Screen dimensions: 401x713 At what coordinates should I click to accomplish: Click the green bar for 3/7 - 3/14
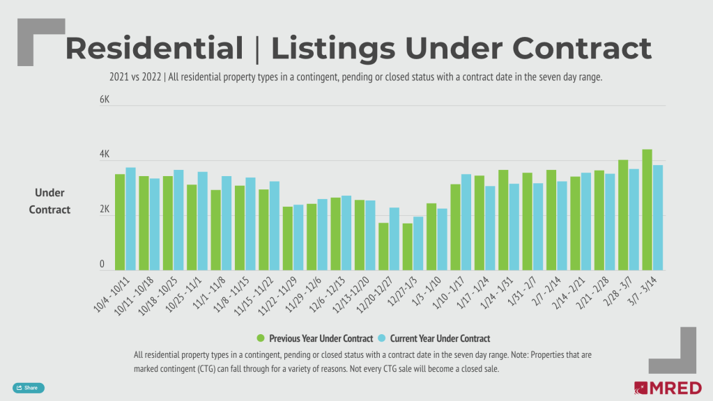click(647, 210)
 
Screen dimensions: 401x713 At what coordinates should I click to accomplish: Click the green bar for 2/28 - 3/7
click(623, 215)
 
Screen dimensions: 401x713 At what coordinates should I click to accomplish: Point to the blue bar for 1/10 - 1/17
click(466, 222)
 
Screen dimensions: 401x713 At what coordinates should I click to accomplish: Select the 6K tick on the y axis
click(105, 100)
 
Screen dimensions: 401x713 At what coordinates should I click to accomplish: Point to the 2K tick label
click(105, 209)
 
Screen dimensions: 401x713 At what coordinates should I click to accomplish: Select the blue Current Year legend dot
click(381, 338)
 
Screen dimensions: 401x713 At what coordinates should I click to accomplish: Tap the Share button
click(29, 388)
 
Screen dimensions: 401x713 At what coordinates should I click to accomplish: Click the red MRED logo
click(667, 388)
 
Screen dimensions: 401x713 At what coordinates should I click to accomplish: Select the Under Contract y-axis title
click(49, 201)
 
